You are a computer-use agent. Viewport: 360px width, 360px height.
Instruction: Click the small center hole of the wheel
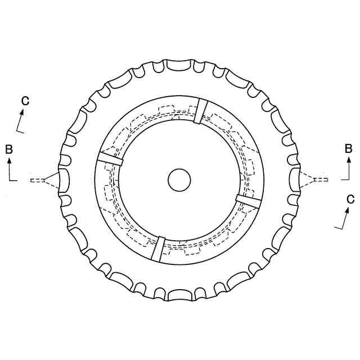(179, 180)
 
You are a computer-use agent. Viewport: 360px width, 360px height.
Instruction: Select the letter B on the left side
(9, 149)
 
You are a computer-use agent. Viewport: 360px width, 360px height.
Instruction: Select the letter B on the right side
(349, 148)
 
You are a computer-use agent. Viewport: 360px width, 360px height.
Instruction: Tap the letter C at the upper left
(25, 101)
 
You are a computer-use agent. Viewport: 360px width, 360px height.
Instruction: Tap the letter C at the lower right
(350, 199)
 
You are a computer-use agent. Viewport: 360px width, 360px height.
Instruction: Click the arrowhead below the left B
(10, 160)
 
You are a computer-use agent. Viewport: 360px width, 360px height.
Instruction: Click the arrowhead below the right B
(349, 160)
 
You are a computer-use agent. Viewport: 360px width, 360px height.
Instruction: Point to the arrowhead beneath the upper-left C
(22, 112)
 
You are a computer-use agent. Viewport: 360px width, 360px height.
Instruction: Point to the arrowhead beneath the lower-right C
(347, 210)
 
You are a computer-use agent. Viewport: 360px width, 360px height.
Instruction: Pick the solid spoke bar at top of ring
(200, 111)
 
